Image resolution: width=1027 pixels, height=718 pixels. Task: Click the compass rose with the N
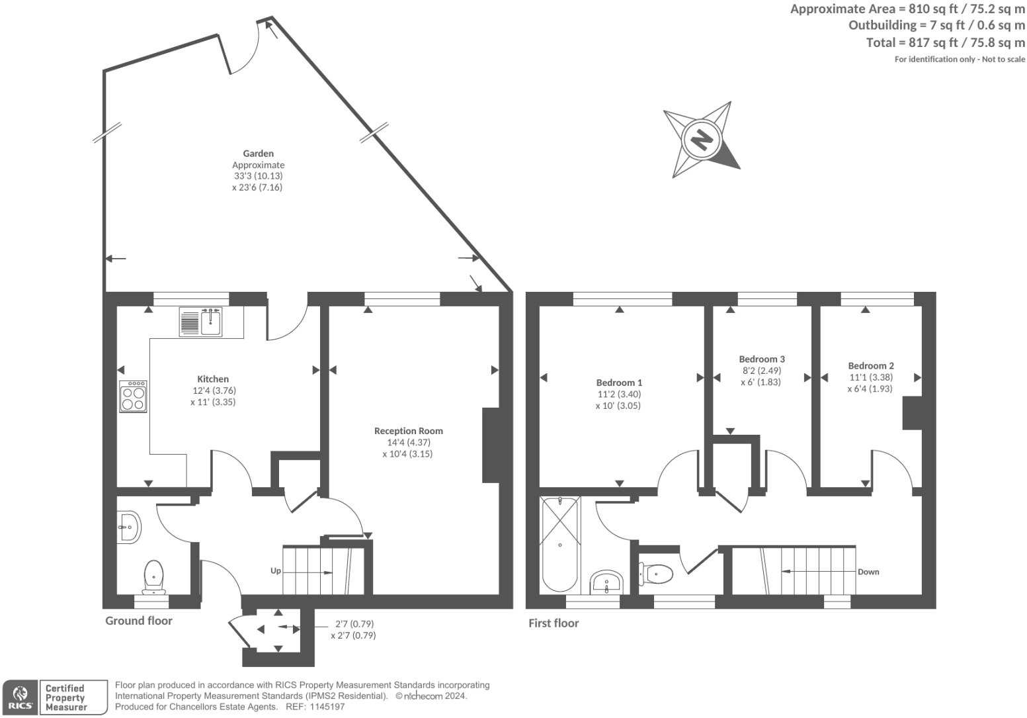pyautogui.click(x=702, y=140)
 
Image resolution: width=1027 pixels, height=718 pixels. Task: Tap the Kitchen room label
pyautogui.click(x=213, y=379)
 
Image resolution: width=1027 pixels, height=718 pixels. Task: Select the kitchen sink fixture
pyautogui.click(x=202, y=322)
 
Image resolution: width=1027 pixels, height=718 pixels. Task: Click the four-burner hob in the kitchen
pyautogui.click(x=133, y=396)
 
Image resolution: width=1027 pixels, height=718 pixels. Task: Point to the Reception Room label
pyautogui.click(x=408, y=431)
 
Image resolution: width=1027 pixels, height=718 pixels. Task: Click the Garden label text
pyautogui.click(x=258, y=154)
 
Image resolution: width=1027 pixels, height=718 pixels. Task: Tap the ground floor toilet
pyautogui.click(x=153, y=577)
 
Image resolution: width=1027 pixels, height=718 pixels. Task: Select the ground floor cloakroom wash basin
pyautogui.click(x=128, y=527)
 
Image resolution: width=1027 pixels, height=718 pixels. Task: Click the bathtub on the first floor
pyautogui.click(x=559, y=544)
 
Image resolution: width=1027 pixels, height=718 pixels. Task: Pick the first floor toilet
pyautogui.click(x=655, y=574)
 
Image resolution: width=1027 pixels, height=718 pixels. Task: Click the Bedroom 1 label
pyautogui.click(x=619, y=382)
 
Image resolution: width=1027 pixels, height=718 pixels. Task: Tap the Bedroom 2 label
pyautogui.click(x=871, y=366)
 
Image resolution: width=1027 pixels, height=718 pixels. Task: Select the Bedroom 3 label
pyautogui.click(x=762, y=359)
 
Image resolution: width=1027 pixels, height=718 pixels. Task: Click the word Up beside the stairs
pyautogui.click(x=275, y=570)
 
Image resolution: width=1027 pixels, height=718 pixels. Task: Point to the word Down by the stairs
pyautogui.click(x=868, y=572)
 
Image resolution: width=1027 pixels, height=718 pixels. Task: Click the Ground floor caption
pyautogui.click(x=139, y=621)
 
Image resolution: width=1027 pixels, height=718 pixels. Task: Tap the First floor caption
pyautogui.click(x=554, y=623)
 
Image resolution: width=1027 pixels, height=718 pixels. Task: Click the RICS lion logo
pyautogui.click(x=21, y=697)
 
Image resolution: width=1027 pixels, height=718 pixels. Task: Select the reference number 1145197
pyautogui.click(x=323, y=707)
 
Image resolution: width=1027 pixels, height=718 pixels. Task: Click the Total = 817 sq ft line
pyautogui.click(x=945, y=42)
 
